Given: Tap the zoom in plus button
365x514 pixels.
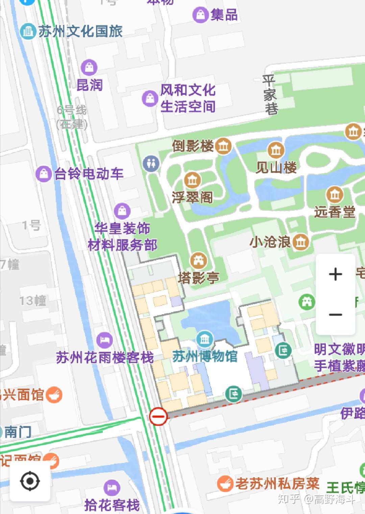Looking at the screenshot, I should (x=335, y=274).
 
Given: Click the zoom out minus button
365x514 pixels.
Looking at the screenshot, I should (x=335, y=315).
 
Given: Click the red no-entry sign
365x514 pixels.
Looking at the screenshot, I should (x=158, y=416).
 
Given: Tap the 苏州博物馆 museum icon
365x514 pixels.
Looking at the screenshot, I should (x=204, y=339).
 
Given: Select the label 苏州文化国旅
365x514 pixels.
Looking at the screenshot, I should (x=80, y=31).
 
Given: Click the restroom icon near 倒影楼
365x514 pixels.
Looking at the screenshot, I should (x=151, y=164).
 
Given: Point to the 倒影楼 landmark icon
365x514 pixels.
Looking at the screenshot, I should (x=223, y=146).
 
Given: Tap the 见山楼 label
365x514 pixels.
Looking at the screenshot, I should (x=276, y=167).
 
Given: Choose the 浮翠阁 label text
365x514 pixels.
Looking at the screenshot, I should (x=192, y=197).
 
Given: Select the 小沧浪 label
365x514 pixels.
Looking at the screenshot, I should (x=270, y=242).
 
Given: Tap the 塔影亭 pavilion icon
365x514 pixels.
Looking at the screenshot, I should (x=198, y=260).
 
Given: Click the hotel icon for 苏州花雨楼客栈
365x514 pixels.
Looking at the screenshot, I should (x=104, y=340).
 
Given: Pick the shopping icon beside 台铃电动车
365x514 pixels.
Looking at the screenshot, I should (x=43, y=174).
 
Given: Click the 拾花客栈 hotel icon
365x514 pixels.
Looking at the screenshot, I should (x=112, y=488).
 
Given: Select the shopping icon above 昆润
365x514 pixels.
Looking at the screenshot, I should (x=89, y=67).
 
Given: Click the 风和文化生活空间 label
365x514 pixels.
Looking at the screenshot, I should (x=188, y=98).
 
